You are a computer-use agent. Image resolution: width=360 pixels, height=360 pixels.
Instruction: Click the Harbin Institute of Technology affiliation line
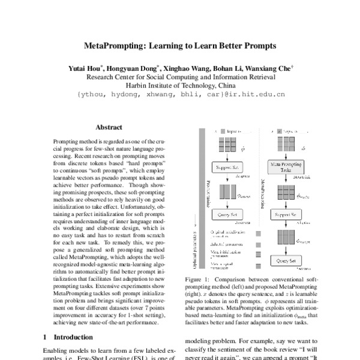180,85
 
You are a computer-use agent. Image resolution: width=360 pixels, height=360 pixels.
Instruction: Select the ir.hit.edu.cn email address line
180,94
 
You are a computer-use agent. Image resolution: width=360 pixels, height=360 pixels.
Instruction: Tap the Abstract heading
109,127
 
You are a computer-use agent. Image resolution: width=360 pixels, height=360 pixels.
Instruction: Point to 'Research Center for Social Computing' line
180,77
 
